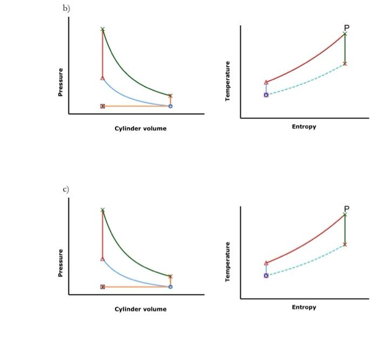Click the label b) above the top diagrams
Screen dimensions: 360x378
[x=66, y=8]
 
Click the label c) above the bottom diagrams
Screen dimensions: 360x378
[x=66, y=189]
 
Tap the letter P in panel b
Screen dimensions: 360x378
[x=347, y=28]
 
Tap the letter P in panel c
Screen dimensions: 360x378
[x=347, y=208]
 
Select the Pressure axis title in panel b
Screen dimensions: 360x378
[x=60, y=82]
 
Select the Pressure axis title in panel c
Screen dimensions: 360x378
[x=60, y=263]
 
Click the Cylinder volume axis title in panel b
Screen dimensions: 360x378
[x=140, y=128]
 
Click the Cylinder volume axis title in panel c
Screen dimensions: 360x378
[x=140, y=309]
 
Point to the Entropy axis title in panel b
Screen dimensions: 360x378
[x=304, y=127]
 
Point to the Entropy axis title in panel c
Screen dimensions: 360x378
[x=304, y=308]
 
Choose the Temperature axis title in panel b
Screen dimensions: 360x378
[x=228, y=81]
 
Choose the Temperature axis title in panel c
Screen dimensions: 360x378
[x=228, y=262]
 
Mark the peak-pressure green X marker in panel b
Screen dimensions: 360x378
[x=103, y=29]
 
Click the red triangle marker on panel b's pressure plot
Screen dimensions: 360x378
[x=103, y=78]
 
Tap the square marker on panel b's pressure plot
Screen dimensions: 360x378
[x=103, y=106]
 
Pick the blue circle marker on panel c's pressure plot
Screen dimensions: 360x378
[x=171, y=287]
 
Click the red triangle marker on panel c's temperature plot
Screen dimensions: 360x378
[x=266, y=263]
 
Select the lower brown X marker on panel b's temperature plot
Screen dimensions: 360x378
[x=345, y=64]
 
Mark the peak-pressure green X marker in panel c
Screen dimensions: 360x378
[x=103, y=210]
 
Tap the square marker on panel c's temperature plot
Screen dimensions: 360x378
[x=266, y=275]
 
